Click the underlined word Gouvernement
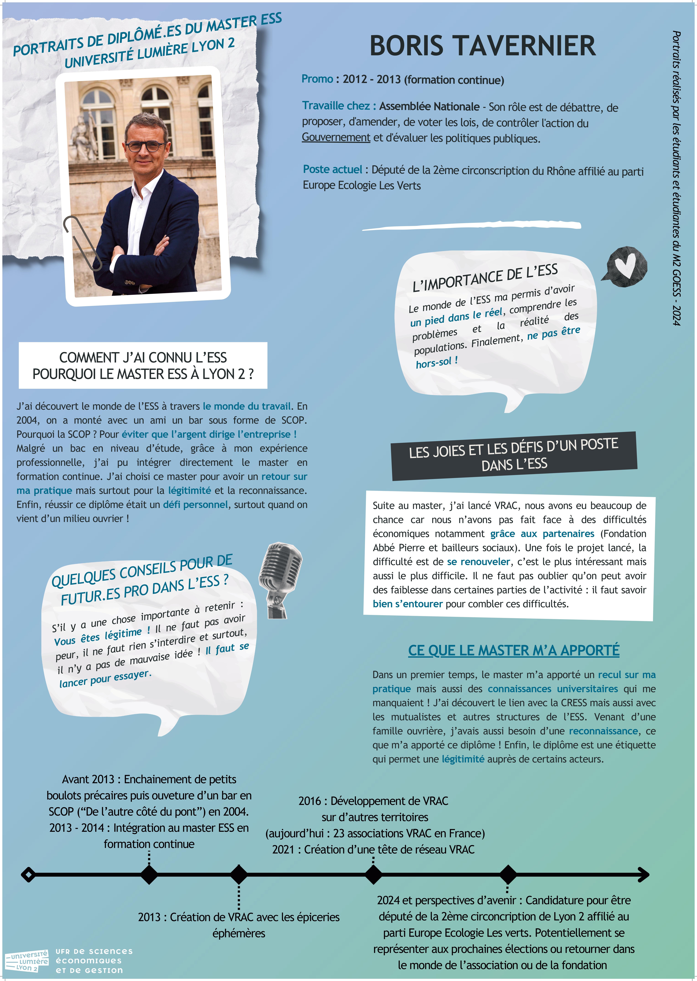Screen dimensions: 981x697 tap(336, 137)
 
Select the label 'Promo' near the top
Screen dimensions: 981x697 tap(317, 79)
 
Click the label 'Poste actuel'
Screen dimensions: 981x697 tap(333, 170)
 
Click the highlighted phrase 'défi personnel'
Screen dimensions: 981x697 tap(195, 505)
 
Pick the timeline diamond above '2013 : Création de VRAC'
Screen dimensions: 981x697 tap(239, 874)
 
